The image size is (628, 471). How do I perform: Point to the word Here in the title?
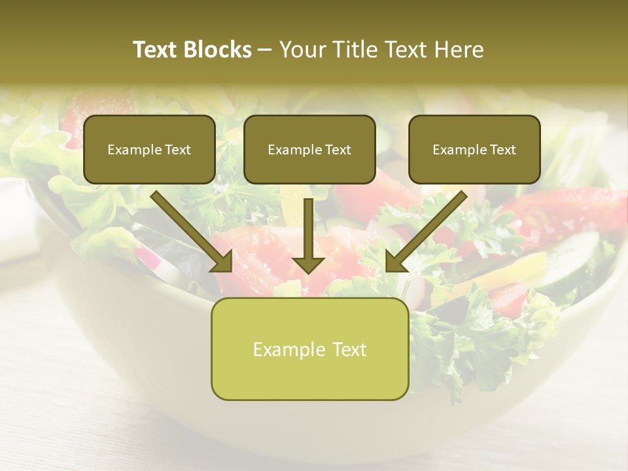click(461, 50)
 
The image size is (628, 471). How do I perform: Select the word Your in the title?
click(302, 50)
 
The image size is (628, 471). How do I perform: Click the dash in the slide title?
click(266, 50)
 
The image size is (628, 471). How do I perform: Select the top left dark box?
click(149, 149)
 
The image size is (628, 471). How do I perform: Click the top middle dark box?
click(309, 149)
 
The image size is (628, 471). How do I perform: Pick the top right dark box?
click(474, 149)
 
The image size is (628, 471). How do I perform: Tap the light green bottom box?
click(309, 349)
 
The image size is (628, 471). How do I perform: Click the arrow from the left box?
click(190, 229)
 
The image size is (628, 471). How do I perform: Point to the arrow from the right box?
click(428, 229)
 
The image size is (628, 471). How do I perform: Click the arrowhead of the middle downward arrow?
click(308, 263)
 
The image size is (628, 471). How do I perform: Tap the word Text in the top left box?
click(177, 150)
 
